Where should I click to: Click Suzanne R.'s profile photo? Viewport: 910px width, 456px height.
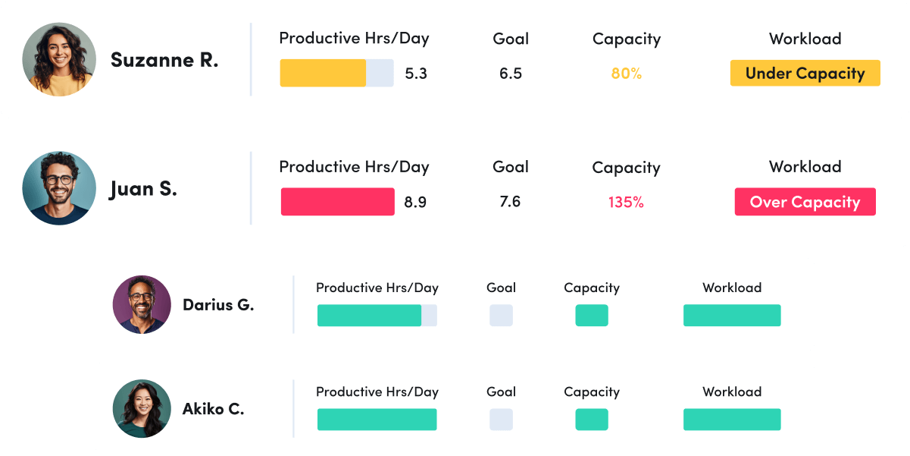[x=59, y=59]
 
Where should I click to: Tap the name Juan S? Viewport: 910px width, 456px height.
[x=143, y=188]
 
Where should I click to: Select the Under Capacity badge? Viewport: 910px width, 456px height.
[x=805, y=74]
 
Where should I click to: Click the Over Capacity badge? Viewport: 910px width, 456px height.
[x=805, y=202]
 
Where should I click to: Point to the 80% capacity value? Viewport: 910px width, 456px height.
[x=626, y=74]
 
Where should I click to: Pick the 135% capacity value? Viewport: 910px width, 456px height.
[x=626, y=202]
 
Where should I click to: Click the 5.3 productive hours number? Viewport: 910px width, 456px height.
[x=416, y=74]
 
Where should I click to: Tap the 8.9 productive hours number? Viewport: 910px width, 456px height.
[x=415, y=202]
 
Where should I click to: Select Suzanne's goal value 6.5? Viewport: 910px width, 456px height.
[x=511, y=74]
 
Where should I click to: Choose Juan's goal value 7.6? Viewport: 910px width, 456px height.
[x=510, y=202]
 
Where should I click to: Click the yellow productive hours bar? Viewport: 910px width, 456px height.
[x=324, y=74]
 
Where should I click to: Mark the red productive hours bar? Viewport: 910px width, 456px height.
[x=337, y=202]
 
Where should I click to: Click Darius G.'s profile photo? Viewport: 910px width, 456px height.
[x=142, y=304]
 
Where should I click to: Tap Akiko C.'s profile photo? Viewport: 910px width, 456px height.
[x=142, y=408]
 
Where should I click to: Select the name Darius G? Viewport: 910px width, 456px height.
[x=218, y=305]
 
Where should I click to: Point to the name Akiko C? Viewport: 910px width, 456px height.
[x=213, y=409]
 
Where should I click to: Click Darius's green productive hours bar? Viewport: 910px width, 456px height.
[x=369, y=316]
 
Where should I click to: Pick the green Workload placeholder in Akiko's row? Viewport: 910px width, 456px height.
[x=732, y=420]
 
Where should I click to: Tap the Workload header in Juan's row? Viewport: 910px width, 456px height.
[x=805, y=167]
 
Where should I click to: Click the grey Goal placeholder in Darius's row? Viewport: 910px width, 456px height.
[x=501, y=316]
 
